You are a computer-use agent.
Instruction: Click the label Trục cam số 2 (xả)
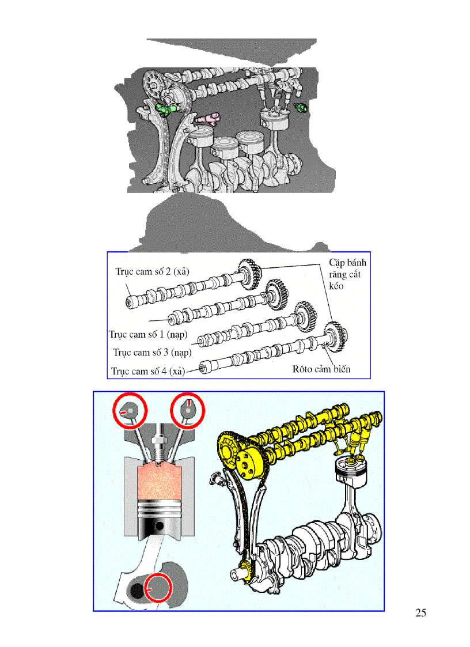pos(152,271)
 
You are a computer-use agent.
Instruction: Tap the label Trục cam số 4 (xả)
pos(149,371)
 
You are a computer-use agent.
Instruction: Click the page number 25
pos(420,612)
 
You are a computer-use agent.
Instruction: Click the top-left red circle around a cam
pos(130,411)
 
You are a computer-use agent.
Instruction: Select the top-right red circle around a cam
pos(189,410)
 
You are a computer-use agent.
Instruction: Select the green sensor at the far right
pos(301,108)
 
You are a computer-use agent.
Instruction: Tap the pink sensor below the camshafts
pos(206,118)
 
